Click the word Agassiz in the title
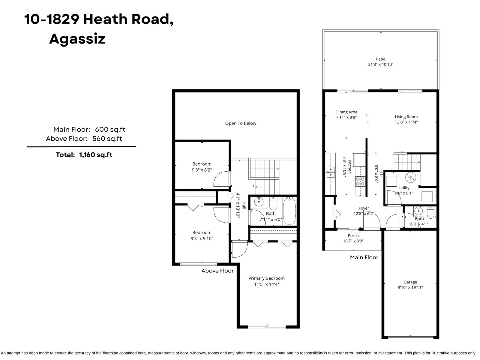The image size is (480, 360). [x=77, y=39]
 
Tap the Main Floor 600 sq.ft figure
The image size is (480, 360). [x=89, y=130]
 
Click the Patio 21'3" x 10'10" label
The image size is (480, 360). [x=381, y=62]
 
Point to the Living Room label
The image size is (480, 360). [x=406, y=119]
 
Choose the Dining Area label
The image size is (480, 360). [x=346, y=115]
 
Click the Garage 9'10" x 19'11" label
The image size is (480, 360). [x=410, y=285]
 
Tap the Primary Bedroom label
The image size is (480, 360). [x=266, y=281]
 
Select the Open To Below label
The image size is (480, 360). [x=241, y=123]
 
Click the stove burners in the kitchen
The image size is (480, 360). [x=360, y=181]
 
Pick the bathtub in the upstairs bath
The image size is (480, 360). [x=289, y=211]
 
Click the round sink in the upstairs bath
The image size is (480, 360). [x=259, y=202]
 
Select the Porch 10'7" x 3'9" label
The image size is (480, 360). [x=353, y=238]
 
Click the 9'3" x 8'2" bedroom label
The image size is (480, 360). [x=202, y=167]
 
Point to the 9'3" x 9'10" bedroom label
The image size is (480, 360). [x=202, y=235]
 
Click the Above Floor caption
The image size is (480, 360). [x=217, y=271]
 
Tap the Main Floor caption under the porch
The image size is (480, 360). [x=364, y=257]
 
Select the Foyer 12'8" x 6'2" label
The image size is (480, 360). [x=364, y=211]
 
